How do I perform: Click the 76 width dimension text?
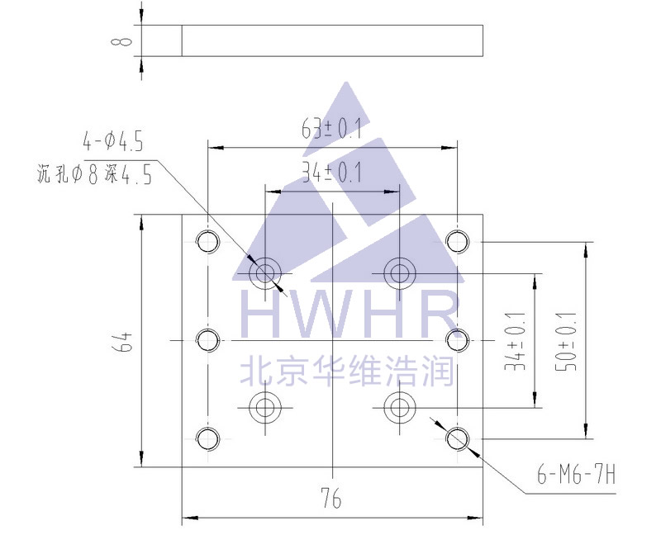tap(330, 499)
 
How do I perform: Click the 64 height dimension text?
tap(123, 341)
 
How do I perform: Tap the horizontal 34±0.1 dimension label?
tap(332, 173)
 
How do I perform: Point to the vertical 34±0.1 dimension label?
tap(518, 340)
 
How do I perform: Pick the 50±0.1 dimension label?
tap(569, 340)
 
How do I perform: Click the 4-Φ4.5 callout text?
tap(114, 141)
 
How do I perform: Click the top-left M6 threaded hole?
tap(207, 241)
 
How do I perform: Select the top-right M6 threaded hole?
tap(457, 241)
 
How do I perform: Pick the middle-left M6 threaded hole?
tap(207, 339)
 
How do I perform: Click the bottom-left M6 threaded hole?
tap(207, 438)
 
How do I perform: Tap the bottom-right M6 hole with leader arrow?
tap(457, 438)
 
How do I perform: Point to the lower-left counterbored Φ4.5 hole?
tap(265, 406)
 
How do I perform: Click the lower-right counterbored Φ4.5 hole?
tap(399, 406)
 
